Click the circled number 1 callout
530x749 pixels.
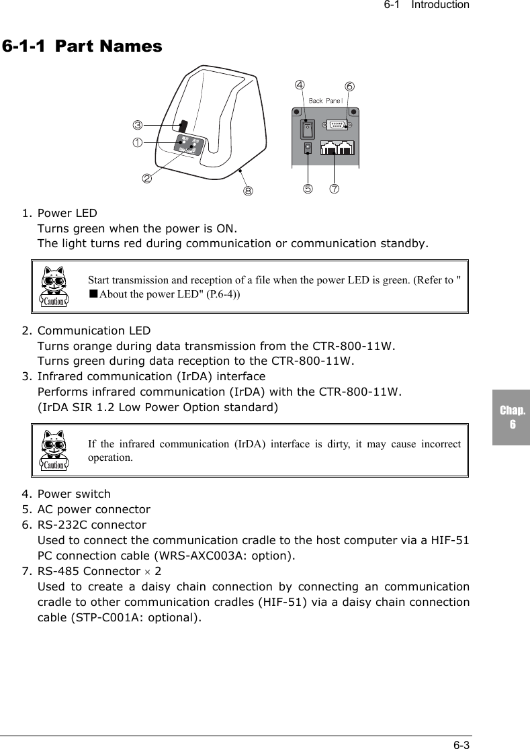(137, 142)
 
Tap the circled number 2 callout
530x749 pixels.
(146, 178)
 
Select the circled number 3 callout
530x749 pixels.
(137, 125)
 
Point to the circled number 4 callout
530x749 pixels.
(300, 85)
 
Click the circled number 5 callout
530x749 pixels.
(308, 189)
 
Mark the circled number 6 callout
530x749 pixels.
(349, 87)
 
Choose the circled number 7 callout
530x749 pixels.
(334, 189)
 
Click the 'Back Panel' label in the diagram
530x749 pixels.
(326, 101)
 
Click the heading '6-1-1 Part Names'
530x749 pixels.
(82, 46)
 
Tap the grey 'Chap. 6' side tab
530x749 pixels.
(512, 417)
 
